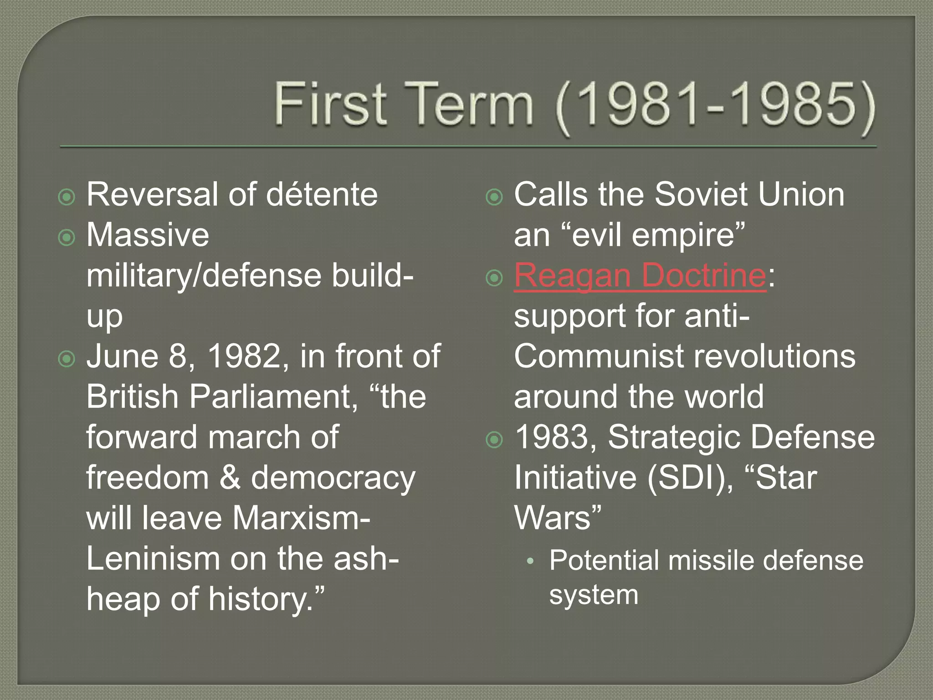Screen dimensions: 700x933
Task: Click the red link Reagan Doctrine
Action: (x=640, y=275)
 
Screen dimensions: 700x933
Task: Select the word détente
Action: (x=322, y=195)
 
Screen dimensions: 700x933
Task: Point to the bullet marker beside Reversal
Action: (x=67, y=197)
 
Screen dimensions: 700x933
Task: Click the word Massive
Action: (x=148, y=235)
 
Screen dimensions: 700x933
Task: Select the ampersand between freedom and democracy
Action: (x=230, y=478)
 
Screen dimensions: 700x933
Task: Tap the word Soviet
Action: (x=702, y=195)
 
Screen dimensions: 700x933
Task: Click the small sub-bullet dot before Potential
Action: (x=529, y=562)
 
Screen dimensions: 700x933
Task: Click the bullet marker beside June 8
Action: (x=67, y=359)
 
